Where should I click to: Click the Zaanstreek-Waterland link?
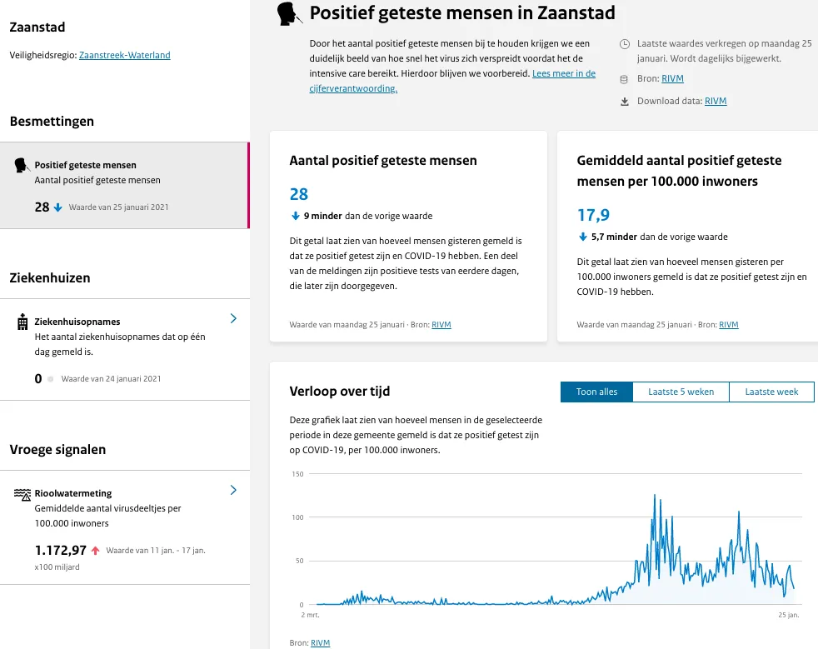(x=125, y=55)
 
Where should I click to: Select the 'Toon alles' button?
(x=596, y=392)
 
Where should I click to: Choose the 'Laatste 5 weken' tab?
(x=681, y=392)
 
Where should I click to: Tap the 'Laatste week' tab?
(x=771, y=392)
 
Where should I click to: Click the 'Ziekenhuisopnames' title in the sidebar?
(x=77, y=322)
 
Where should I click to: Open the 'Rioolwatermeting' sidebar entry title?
(x=73, y=493)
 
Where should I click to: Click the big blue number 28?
(x=299, y=194)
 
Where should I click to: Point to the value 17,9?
(x=593, y=216)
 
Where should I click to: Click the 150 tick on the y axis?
(x=297, y=474)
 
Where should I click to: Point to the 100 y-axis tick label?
(x=297, y=517)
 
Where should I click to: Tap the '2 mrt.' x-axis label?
(x=309, y=615)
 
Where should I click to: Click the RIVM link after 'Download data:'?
(x=716, y=102)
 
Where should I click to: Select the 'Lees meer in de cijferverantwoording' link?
(x=564, y=73)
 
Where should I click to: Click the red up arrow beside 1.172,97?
(x=96, y=550)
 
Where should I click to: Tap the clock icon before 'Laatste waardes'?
(x=625, y=42)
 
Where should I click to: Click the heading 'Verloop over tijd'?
(x=339, y=391)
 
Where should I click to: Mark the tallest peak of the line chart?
(x=654, y=495)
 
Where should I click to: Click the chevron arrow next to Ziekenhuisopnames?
(x=233, y=318)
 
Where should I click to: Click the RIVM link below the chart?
(x=321, y=643)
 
